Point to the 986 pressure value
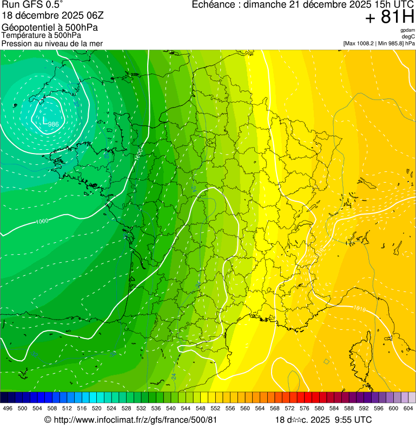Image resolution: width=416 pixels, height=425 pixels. [54, 124]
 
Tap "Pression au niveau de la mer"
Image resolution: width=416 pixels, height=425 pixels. [52, 43]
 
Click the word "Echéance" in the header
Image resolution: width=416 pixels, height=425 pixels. [215, 5]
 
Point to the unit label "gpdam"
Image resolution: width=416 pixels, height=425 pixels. [407, 31]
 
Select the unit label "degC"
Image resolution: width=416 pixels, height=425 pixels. [408, 37]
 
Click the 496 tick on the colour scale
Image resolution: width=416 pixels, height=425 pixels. [8, 408]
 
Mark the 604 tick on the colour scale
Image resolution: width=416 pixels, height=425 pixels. [408, 408]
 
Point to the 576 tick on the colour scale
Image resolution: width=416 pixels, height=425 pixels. [304, 408]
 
